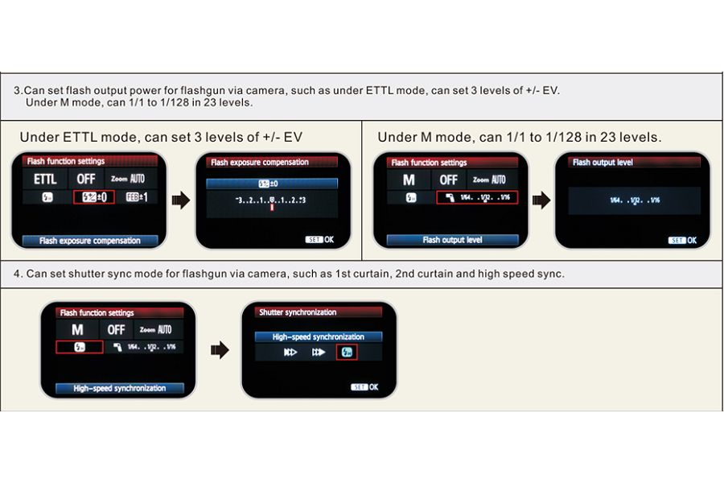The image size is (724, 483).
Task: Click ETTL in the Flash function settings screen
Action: click(x=45, y=180)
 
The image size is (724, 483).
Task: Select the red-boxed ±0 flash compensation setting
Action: click(x=94, y=197)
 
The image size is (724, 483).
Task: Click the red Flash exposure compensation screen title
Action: click(x=260, y=163)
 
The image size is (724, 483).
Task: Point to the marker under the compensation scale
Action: click(x=273, y=208)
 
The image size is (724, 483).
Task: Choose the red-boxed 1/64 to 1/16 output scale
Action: click(x=478, y=197)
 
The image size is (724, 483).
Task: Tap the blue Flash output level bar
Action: click(x=452, y=240)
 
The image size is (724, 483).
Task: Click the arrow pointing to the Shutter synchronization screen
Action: click(x=219, y=349)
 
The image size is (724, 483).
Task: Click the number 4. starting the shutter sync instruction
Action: click(x=18, y=274)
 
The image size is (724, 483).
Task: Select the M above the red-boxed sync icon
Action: click(x=77, y=329)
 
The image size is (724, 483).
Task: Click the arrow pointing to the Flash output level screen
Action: click(x=541, y=200)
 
